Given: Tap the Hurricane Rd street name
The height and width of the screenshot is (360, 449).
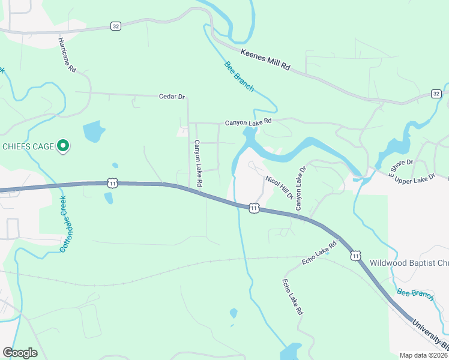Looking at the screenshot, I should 67,55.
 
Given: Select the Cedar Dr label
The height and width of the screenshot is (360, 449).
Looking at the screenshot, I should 172,97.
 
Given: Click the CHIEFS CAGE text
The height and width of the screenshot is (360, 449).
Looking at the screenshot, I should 28,146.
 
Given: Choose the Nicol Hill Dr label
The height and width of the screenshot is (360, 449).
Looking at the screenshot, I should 279,187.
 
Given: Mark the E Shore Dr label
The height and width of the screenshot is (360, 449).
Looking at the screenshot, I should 401,169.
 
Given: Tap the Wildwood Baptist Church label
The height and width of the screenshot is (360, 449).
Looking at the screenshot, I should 408,262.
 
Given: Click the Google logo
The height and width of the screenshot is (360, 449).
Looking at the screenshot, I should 20,353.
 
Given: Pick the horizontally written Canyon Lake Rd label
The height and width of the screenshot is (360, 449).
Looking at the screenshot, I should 249,122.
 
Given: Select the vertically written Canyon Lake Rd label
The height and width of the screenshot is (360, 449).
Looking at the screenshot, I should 199,163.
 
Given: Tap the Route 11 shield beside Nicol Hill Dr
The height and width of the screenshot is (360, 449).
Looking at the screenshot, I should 255,208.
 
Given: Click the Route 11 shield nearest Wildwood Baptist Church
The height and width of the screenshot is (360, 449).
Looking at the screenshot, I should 357,256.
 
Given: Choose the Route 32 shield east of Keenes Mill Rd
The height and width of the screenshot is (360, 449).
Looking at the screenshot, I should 436,94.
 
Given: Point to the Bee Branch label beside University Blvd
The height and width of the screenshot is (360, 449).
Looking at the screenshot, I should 415,294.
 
